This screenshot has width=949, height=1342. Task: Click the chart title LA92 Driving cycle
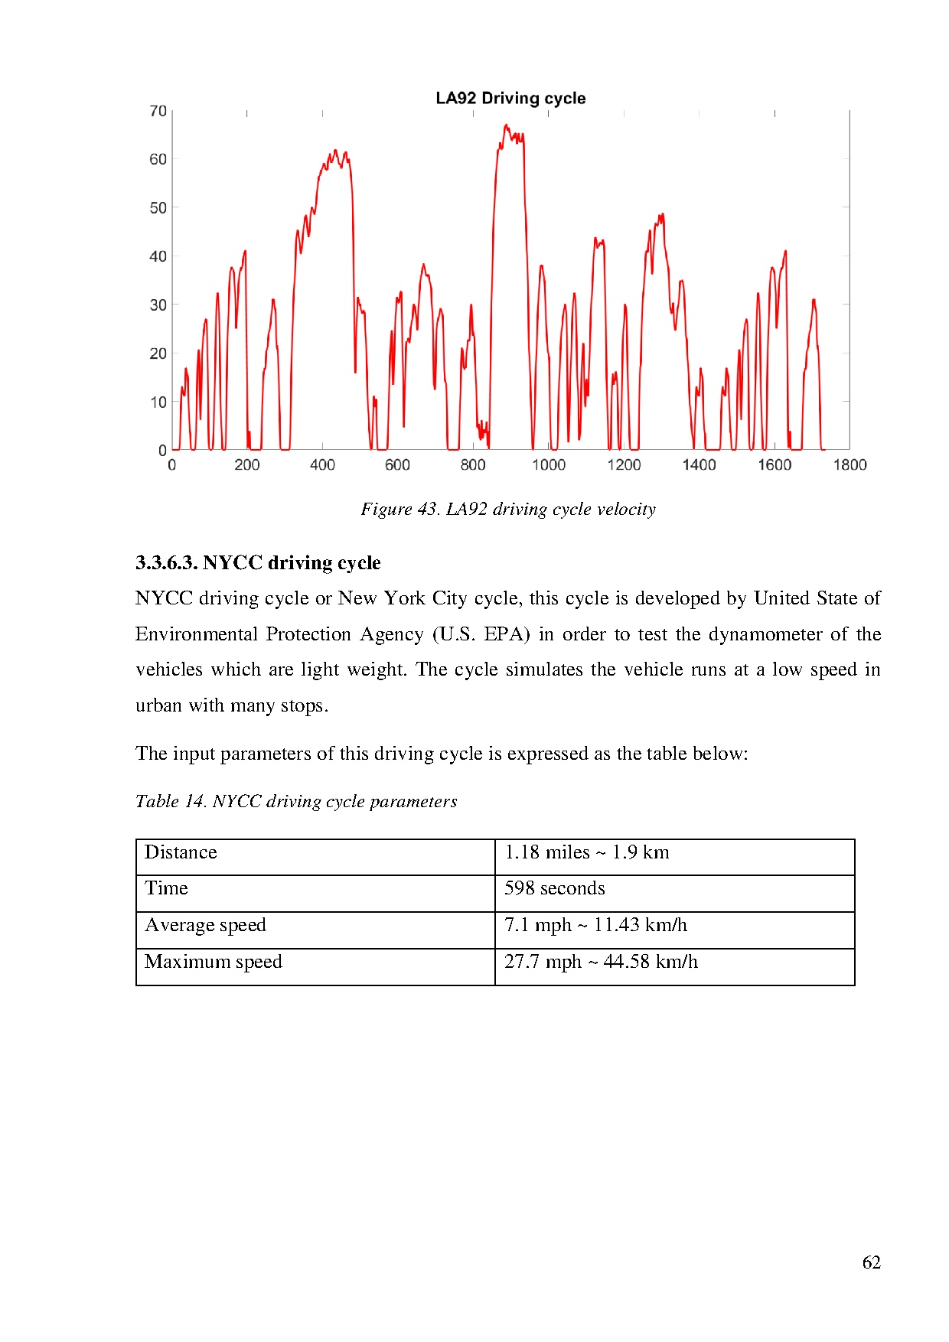(x=510, y=99)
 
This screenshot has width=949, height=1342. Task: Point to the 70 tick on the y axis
(x=158, y=111)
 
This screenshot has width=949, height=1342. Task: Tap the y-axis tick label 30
(x=158, y=305)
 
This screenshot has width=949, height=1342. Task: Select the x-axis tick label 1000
(x=548, y=464)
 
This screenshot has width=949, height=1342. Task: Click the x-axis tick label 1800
(x=850, y=464)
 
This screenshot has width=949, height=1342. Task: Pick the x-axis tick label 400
(x=322, y=464)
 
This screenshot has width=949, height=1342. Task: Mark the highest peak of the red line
(x=506, y=125)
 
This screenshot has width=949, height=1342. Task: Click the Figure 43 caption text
(x=508, y=510)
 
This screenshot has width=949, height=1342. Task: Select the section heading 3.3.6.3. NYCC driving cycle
(x=258, y=563)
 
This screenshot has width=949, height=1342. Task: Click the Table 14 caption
(x=296, y=801)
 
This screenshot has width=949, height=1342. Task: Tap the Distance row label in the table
(x=181, y=852)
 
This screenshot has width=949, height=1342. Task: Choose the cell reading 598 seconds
(x=554, y=888)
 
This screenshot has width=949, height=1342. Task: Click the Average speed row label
(x=205, y=925)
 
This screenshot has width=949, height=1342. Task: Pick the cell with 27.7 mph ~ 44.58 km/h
(x=601, y=962)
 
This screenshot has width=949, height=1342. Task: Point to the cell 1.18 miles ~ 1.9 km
(x=586, y=852)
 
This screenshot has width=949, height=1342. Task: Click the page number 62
(x=871, y=1262)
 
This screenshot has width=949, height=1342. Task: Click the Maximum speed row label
(x=213, y=962)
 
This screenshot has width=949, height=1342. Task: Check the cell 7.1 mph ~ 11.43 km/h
(x=595, y=925)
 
